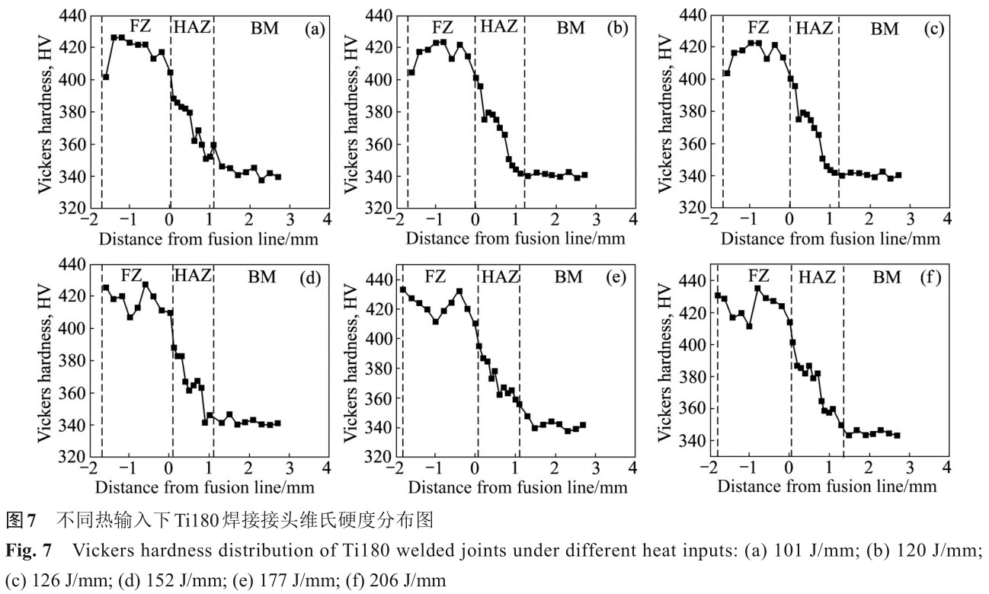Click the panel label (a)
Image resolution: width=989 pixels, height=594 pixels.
(x=315, y=30)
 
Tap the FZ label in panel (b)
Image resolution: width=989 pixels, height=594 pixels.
(x=432, y=28)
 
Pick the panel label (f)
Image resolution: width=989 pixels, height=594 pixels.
(x=931, y=277)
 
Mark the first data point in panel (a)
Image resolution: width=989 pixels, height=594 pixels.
(x=106, y=77)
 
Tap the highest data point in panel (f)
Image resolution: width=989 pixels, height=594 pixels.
(x=758, y=288)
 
